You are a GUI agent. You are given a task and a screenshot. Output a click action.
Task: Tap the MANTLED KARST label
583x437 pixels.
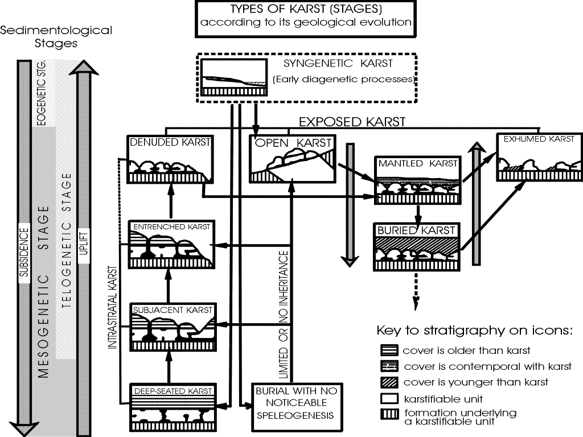(418, 163)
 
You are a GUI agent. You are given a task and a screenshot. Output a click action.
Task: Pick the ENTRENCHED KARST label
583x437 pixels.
(171, 226)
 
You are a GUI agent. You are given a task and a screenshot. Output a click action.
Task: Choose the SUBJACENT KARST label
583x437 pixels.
(171, 310)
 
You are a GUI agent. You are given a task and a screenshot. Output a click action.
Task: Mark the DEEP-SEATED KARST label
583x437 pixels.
(173, 391)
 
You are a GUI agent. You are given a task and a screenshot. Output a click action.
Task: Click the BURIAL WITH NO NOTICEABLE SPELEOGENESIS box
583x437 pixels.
(295, 403)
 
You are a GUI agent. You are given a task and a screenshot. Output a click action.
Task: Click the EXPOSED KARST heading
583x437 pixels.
(352, 121)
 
